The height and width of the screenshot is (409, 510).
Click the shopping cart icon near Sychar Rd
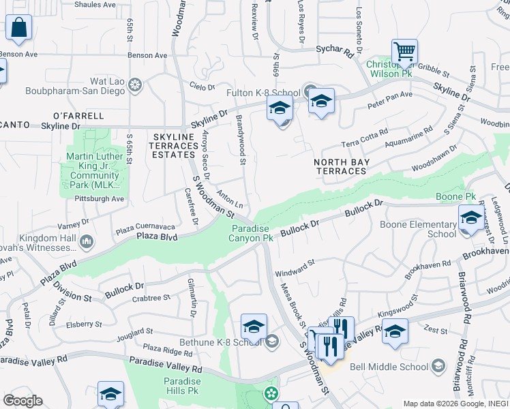tap(404, 51)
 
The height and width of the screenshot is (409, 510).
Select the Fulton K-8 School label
tap(264, 93)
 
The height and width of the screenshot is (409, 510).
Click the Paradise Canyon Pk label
tap(252, 233)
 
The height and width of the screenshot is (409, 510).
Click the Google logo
tap(22, 400)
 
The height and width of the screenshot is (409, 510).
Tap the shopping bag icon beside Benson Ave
tap(20, 29)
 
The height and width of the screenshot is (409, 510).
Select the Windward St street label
tap(295, 267)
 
